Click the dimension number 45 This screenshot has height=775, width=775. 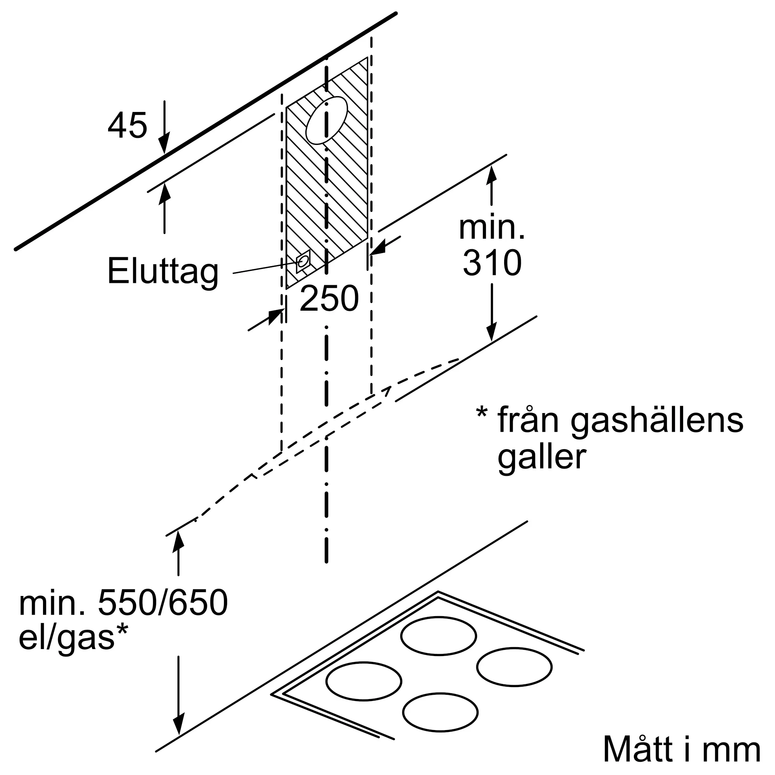pyautogui.click(x=127, y=126)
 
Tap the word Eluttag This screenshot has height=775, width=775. pyautogui.click(x=163, y=272)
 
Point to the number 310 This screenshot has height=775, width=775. pyautogui.click(x=492, y=263)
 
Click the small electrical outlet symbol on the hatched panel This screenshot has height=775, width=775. pyautogui.click(x=303, y=262)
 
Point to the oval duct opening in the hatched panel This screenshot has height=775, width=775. pyautogui.click(x=327, y=121)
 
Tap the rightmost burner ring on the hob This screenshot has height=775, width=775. pyautogui.click(x=514, y=666)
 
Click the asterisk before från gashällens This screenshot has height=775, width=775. pyautogui.click(x=482, y=413)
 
